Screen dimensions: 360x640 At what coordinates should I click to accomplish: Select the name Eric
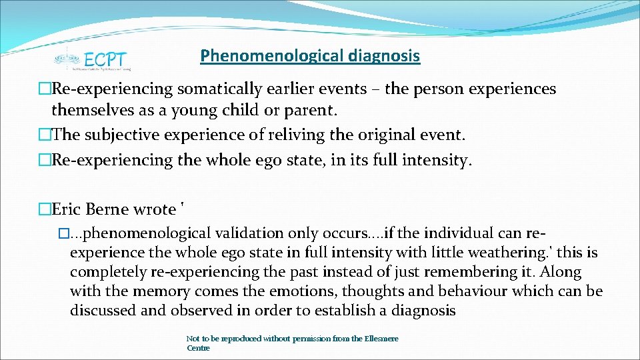66,209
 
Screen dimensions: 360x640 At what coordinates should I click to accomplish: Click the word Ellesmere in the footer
381,339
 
